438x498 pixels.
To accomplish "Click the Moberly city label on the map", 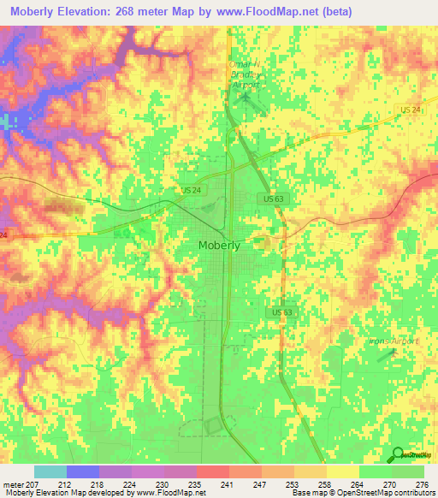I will coord(219,245).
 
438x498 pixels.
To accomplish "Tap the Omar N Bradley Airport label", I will coord(245,73).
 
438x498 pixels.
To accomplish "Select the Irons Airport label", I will coord(394,341).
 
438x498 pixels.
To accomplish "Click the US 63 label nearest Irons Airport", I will coord(283,312).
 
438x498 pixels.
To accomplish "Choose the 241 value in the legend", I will coord(227,484).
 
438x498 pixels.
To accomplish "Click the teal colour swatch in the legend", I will coord(50,471).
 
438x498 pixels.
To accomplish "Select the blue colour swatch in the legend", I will coord(83,471).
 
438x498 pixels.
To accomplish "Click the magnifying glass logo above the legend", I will coord(398,454).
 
